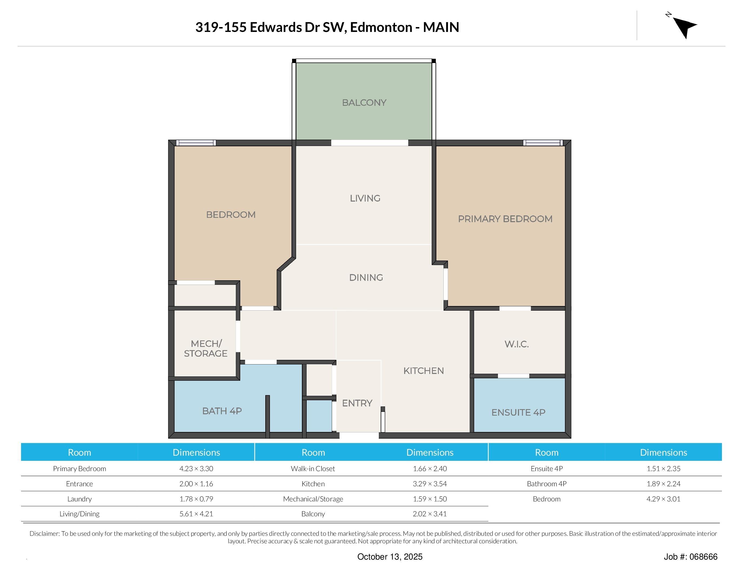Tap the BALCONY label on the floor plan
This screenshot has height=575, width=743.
point(364,103)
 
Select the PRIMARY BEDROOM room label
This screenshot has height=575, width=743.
point(505,219)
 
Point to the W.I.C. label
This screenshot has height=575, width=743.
point(516,344)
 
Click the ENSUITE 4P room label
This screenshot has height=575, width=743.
point(518,413)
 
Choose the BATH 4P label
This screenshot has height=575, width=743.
point(222,411)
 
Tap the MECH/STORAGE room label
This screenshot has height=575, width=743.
point(206,349)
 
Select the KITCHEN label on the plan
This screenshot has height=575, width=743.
point(424,371)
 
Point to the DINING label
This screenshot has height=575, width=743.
point(366,278)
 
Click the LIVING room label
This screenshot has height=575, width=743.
point(365,198)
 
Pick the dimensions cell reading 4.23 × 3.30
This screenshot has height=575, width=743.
point(196,468)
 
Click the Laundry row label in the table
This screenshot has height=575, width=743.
point(79,499)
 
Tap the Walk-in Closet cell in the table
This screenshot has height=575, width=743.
point(313,468)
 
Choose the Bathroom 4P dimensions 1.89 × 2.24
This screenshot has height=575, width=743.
point(663,484)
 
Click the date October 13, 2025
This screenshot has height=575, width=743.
point(390,557)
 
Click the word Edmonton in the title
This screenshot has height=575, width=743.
point(381,27)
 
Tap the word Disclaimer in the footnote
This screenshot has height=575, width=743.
point(45,533)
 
